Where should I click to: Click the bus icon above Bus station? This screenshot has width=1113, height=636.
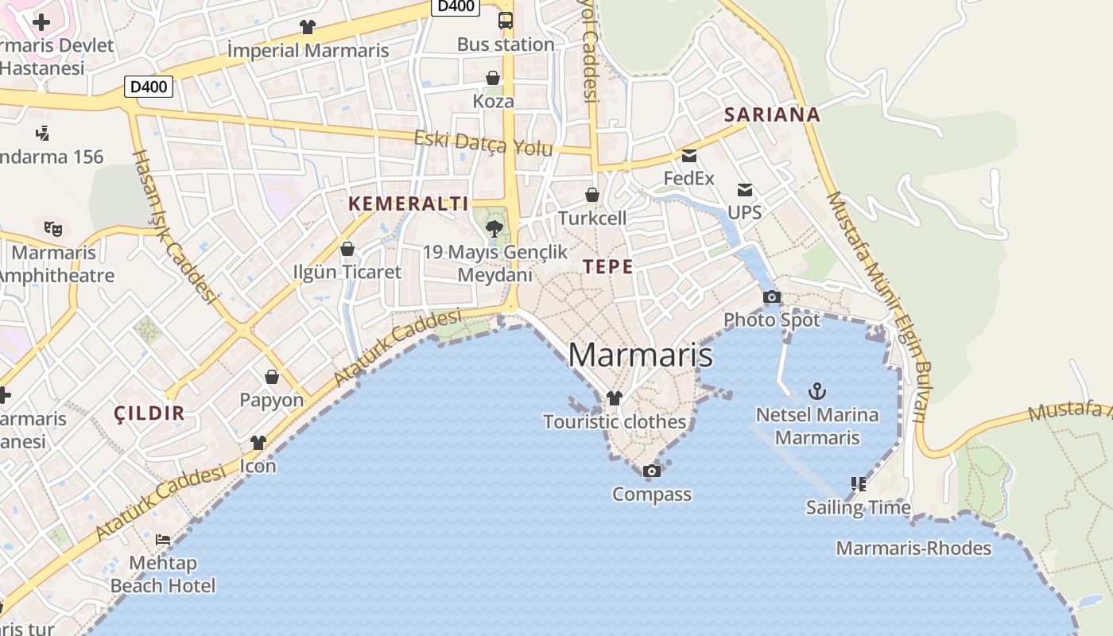(x=506, y=21)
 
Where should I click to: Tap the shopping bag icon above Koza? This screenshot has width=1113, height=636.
(x=493, y=78)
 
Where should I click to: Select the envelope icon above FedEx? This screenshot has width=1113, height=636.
(x=688, y=155)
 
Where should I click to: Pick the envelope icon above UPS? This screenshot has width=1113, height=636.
(x=744, y=189)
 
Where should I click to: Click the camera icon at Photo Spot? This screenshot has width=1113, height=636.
(x=771, y=297)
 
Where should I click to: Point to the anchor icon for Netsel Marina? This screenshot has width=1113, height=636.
(x=816, y=391)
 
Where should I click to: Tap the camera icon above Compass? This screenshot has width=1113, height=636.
(x=651, y=471)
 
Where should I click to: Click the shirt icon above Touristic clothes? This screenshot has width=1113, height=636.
(x=614, y=398)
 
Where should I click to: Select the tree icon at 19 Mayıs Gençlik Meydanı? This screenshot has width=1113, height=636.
(x=494, y=229)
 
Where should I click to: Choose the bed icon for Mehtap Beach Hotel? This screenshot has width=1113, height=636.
(x=163, y=540)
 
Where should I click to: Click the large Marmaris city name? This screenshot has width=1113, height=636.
(x=641, y=355)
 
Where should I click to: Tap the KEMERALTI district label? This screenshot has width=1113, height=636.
(x=409, y=204)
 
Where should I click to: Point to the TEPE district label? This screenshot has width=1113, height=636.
(x=608, y=267)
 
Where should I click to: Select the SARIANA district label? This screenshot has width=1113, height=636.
(x=772, y=114)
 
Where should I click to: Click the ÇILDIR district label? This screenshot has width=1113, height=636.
(x=149, y=413)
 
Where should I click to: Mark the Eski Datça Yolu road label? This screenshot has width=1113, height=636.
(x=483, y=144)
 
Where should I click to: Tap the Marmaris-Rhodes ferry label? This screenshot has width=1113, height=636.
(x=913, y=548)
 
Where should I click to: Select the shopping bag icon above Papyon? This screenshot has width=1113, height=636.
(x=272, y=377)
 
